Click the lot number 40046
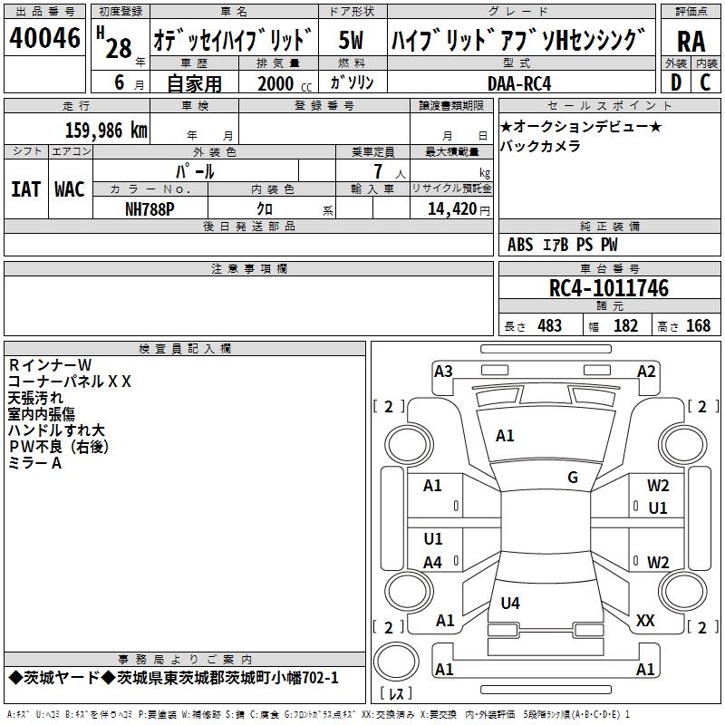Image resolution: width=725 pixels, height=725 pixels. click(x=44, y=37)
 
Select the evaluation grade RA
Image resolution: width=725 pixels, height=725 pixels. click(x=691, y=42)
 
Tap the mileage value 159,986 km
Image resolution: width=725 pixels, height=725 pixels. click(x=106, y=130)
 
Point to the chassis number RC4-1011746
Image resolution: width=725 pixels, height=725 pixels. click(x=608, y=288)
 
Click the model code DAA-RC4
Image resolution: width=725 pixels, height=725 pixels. click(x=519, y=83)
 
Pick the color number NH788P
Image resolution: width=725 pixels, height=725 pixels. click(x=150, y=209)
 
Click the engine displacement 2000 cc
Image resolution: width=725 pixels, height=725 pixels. click(x=285, y=83)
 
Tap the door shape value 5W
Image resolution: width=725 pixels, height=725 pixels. click(x=351, y=40)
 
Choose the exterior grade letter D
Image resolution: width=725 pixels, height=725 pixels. click(x=676, y=82)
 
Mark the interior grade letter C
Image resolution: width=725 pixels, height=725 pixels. click(x=705, y=82)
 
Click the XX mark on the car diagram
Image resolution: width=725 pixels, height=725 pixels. click(x=645, y=620)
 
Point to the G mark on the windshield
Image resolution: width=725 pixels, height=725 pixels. click(x=573, y=477)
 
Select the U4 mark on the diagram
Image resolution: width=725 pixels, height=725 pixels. click(x=510, y=603)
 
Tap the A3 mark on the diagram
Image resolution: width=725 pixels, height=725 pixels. click(x=443, y=372)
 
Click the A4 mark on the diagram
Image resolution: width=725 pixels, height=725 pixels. click(x=433, y=562)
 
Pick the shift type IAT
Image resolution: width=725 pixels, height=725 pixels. click(x=26, y=189)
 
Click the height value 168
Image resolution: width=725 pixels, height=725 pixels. click(x=698, y=325)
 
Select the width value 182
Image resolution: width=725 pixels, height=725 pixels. click(x=625, y=325)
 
